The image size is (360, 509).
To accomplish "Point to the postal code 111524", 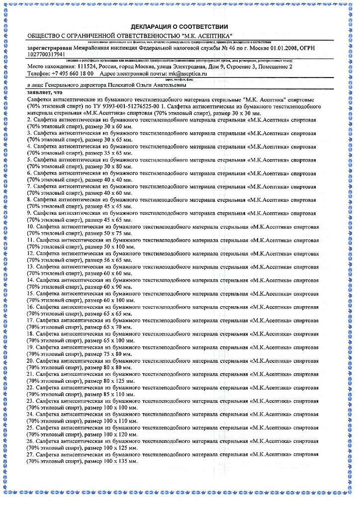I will click(x=87, y=67).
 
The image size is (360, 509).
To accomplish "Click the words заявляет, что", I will click(x=45, y=92).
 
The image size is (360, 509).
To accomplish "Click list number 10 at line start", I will click(x=30, y=226).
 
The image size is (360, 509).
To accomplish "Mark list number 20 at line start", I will click(x=30, y=360).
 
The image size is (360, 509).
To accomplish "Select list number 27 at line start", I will click(x=30, y=454).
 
